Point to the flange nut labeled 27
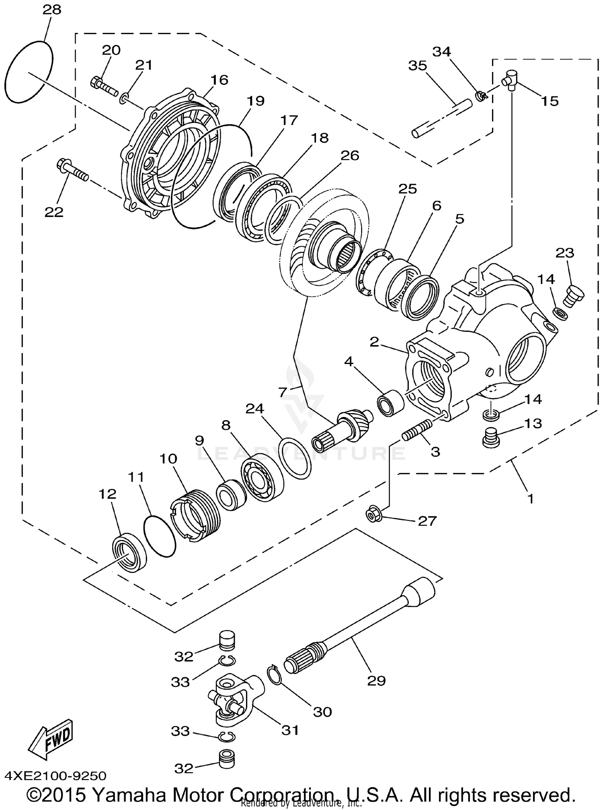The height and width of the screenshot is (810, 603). pyautogui.click(x=372, y=514)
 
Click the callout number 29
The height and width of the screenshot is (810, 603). pyautogui.click(x=376, y=681)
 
